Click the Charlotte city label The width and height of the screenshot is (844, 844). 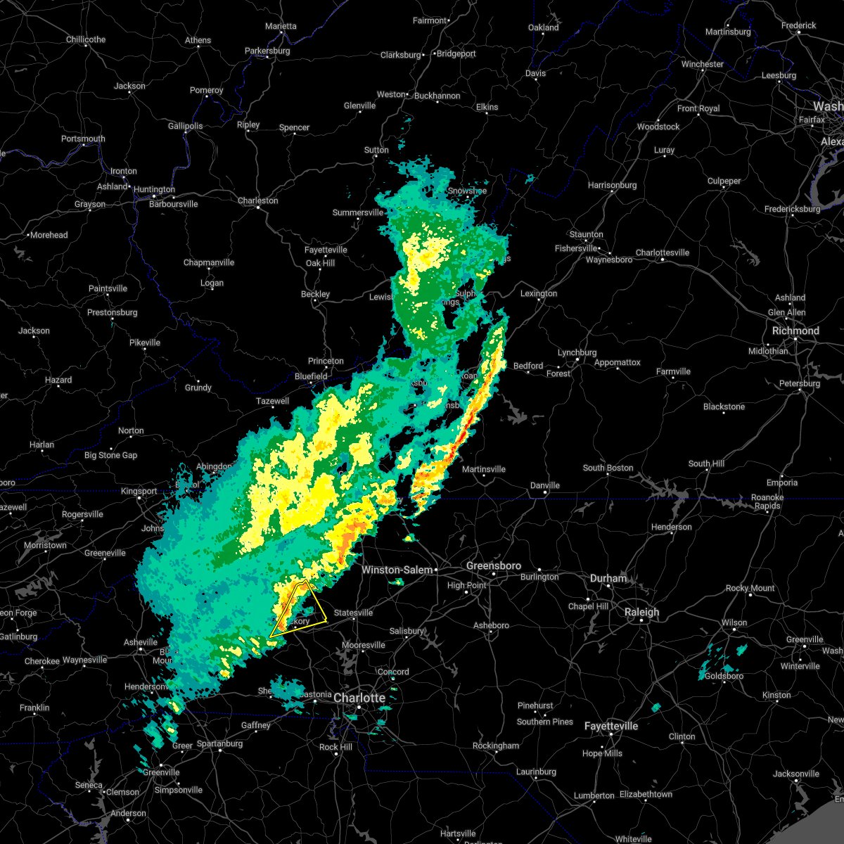click(359, 698)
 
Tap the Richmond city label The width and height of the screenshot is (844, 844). click(795, 331)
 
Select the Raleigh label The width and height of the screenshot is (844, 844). click(642, 612)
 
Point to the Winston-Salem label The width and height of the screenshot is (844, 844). click(397, 570)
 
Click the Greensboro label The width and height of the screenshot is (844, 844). click(494, 565)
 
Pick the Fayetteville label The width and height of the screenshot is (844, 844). click(611, 726)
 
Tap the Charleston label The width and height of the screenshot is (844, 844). click(257, 200)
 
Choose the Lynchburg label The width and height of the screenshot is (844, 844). click(577, 352)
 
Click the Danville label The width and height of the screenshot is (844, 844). click(544, 485)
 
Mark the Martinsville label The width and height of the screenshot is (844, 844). click(484, 469)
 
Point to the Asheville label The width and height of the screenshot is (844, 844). click(141, 642)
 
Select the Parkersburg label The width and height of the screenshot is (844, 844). click(267, 51)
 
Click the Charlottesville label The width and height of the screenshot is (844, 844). click(663, 252)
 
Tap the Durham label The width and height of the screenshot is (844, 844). click(608, 578)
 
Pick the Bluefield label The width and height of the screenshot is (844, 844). click(311, 376)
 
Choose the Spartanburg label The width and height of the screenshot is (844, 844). click(219, 743)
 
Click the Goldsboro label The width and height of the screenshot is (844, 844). click(724, 676)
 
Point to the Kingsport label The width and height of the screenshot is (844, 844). click(139, 491)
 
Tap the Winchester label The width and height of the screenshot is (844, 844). click(702, 64)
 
